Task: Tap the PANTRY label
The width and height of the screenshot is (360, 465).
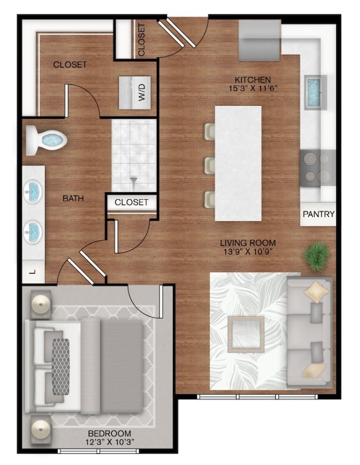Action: (x=318, y=214)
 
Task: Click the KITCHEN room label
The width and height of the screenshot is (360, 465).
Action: (x=252, y=80)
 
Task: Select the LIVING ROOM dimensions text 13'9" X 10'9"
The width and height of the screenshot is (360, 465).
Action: (x=248, y=252)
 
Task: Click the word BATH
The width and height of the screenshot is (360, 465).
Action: (x=73, y=198)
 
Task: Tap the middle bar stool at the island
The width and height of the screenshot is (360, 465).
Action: (x=209, y=164)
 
